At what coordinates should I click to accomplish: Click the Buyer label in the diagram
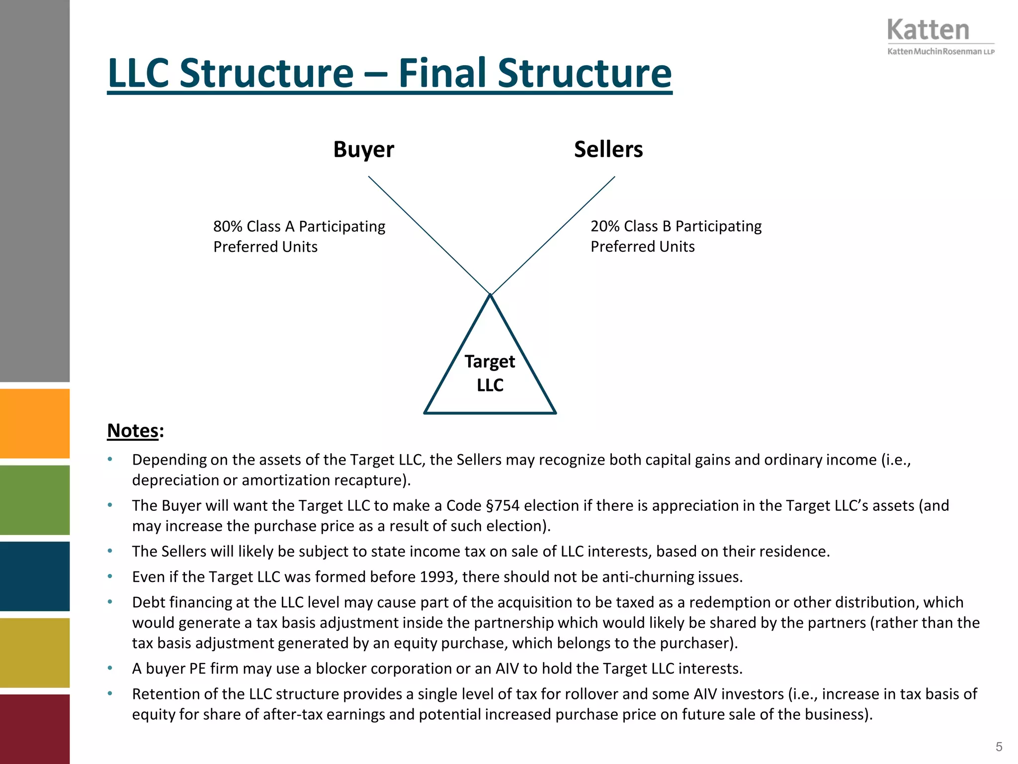tap(363, 149)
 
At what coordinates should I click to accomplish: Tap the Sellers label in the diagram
tap(608, 149)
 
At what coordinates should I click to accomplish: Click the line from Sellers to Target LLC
tap(553, 235)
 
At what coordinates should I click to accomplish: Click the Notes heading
tap(133, 431)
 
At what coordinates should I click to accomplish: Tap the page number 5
tap(999, 747)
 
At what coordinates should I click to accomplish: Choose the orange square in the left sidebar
tap(35, 423)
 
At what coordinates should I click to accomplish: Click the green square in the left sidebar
tap(35, 500)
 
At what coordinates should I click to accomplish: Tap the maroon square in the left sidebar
tap(35, 729)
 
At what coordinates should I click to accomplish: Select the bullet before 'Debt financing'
tap(110, 602)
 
